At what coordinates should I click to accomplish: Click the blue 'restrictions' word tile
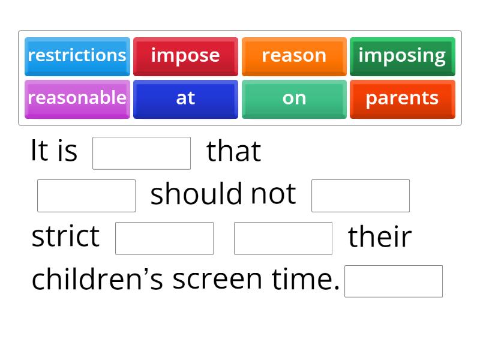point(77,56)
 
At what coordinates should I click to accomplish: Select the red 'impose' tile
point(185,56)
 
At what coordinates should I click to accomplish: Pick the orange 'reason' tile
point(294,56)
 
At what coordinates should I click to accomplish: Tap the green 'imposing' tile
point(402,56)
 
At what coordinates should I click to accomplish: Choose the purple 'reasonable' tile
point(77,98)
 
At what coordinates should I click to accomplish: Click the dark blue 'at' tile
point(185,98)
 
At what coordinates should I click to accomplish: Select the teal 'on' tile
point(294,98)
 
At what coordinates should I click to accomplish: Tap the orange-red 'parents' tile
point(402,98)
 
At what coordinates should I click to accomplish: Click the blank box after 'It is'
point(142,153)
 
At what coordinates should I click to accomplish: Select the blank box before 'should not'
point(86,196)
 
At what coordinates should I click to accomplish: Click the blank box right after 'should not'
point(361,196)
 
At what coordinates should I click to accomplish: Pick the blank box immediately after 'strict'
point(164,238)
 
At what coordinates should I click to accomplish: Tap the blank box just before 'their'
point(283,238)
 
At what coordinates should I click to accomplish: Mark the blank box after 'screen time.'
point(394,281)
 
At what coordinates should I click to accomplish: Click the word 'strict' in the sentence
point(65,236)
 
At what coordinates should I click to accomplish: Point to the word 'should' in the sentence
point(196,194)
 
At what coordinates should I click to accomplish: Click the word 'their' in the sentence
point(380,236)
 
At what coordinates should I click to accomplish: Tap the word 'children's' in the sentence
point(97,280)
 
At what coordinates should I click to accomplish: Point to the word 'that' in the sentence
point(233,151)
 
